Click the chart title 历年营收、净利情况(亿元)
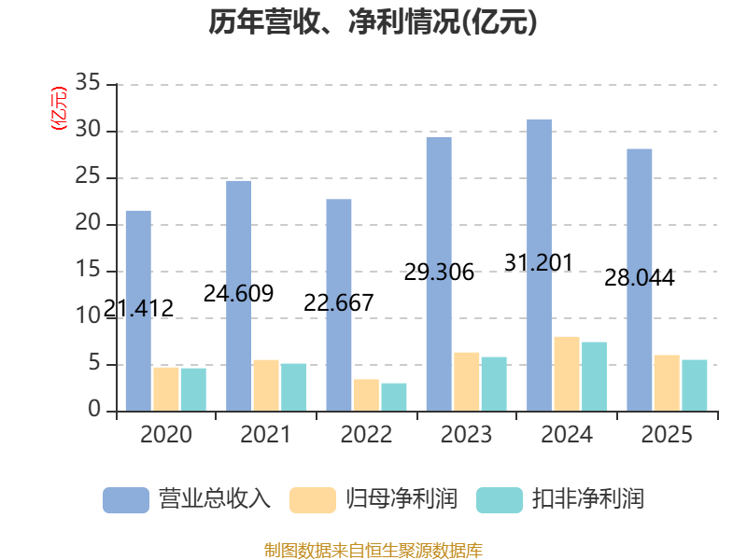tap(373, 21)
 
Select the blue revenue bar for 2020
tap(138, 311)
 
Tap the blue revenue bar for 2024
tap(540, 265)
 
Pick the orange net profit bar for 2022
tap(366, 395)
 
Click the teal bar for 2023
tap(494, 384)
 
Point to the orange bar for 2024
tap(567, 374)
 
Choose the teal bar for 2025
tap(695, 385)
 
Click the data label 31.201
tap(539, 263)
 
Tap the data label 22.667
tap(339, 302)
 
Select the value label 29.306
tap(439, 273)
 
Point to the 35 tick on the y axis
tap(88, 82)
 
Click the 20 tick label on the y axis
tap(88, 222)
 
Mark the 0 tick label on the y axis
tap(94, 409)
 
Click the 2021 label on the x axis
tap(266, 434)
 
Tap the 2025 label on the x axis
tap(667, 434)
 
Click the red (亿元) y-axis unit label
tap(59, 108)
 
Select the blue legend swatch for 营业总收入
tap(126, 500)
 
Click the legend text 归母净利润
tap(402, 499)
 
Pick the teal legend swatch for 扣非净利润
tap(500, 500)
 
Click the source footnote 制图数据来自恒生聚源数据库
tap(373, 551)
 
